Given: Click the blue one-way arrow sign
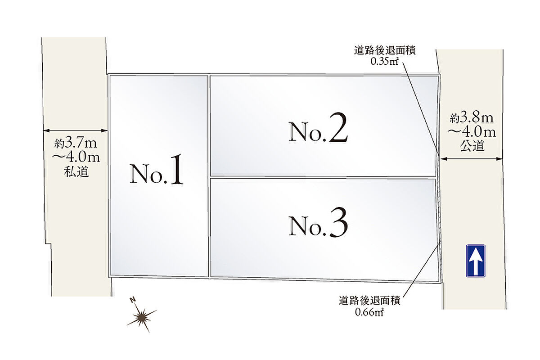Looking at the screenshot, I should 476,261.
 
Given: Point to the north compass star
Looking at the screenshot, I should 142,317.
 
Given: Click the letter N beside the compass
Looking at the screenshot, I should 132,300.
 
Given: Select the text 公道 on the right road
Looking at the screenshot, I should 472,146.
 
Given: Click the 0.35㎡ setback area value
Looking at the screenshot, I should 384,62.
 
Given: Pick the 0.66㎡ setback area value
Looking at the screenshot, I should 369,311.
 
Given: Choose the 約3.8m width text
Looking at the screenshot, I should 472,118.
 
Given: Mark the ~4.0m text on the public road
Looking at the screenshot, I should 472,132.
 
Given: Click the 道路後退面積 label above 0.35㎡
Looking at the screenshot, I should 384,51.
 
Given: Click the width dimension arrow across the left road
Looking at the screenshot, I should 76,131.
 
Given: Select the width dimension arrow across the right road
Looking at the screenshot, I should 472,158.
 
